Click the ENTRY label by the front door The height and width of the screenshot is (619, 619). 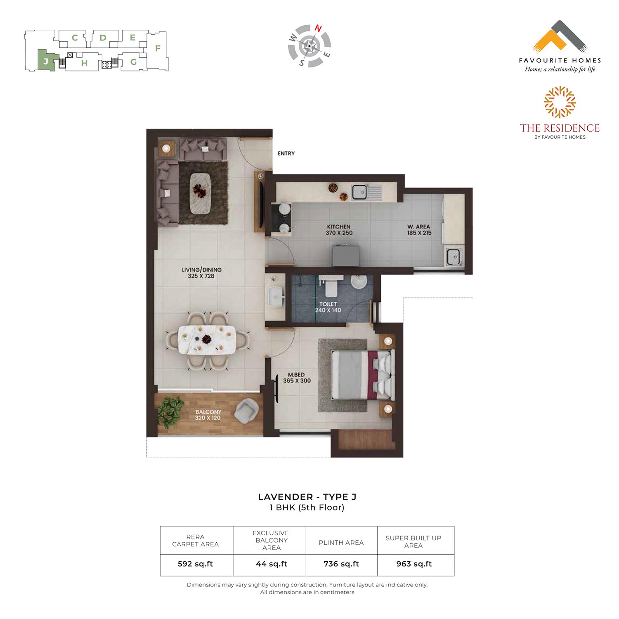point(286,154)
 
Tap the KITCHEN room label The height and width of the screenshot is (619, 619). point(339,227)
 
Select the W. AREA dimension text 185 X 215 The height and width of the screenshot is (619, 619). point(419,233)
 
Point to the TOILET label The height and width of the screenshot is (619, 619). point(328,304)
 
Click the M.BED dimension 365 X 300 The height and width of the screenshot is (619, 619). point(297,381)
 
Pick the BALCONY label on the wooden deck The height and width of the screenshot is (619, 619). point(208,412)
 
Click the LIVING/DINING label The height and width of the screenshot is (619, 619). point(202,270)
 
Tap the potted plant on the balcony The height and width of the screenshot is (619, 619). point(170,411)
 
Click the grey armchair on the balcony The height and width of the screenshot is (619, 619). point(246,411)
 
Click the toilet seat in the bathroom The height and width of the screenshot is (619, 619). point(331,286)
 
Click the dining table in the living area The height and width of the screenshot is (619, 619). point(207,339)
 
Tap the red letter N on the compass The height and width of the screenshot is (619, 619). point(318,28)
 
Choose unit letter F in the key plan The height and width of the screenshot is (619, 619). point(158,48)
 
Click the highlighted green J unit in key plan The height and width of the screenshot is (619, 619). point(46,61)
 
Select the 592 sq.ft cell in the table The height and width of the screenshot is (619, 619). point(195,564)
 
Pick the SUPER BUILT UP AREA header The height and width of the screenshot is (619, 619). point(413,541)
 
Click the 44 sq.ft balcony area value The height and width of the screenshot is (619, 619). point(272,564)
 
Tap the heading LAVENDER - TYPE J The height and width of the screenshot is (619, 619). point(307,497)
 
